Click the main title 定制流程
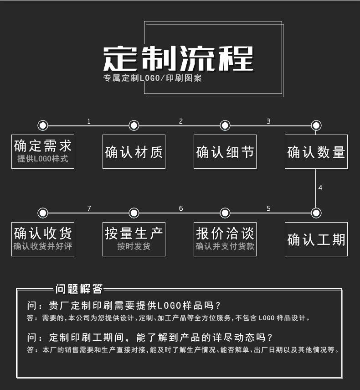[178, 58]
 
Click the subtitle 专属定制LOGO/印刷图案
[152, 78]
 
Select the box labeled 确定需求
[43, 151]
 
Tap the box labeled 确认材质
[134, 151]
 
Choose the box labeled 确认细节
[225, 151]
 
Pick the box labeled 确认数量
[316, 151]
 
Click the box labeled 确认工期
[316, 239]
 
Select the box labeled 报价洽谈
[225, 239]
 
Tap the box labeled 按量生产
[134, 239]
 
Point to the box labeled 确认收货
[43, 239]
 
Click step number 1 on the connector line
[89, 121]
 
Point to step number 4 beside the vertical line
[320, 188]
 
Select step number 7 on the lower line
[89, 208]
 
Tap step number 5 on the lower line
[268, 208]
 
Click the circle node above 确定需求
[43, 125]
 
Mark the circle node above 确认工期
[316, 213]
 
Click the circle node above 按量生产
[134, 213]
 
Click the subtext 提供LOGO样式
[43, 159]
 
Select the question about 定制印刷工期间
[150, 338]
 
